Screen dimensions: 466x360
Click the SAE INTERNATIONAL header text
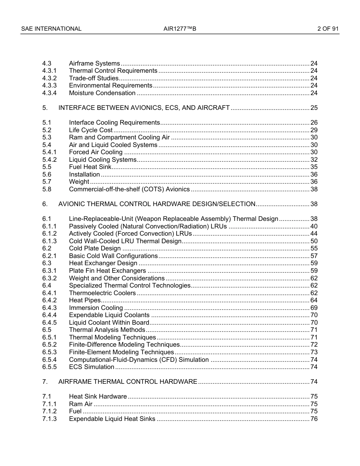[51, 29]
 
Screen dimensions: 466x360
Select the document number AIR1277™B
[180, 29]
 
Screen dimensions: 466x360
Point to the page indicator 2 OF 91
[328, 29]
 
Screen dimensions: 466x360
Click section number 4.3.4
[49, 93]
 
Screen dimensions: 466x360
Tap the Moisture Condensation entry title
[102, 93]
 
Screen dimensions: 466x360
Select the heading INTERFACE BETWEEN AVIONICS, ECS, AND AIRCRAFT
[144, 108]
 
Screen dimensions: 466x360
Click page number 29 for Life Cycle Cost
[314, 130]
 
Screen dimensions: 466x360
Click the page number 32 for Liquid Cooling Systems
[314, 160]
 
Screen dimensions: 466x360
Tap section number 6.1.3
[49, 241]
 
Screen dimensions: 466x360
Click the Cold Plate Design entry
[95, 249]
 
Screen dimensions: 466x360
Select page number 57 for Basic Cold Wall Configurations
[314, 256]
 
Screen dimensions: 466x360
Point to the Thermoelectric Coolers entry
[102, 293]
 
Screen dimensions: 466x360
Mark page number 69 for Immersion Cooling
[314, 308]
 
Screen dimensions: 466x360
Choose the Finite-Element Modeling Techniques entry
[121, 352]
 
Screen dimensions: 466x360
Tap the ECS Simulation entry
[91, 367]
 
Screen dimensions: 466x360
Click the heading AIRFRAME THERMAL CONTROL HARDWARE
[128, 382]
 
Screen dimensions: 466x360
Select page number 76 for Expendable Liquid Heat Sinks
[314, 419]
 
